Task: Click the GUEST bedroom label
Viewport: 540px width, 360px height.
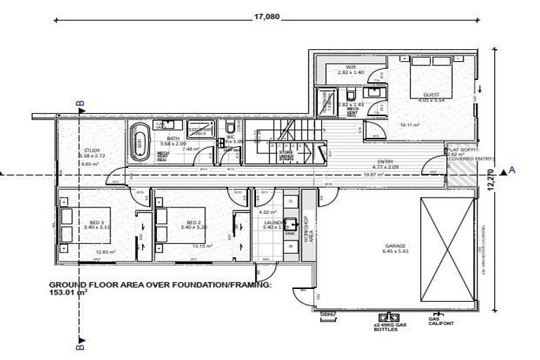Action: (x=431, y=94)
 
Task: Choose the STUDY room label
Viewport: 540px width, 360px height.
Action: (x=91, y=150)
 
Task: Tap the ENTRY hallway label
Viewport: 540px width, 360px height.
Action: (x=385, y=162)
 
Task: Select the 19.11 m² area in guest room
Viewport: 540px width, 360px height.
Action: (x=405, y=125)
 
